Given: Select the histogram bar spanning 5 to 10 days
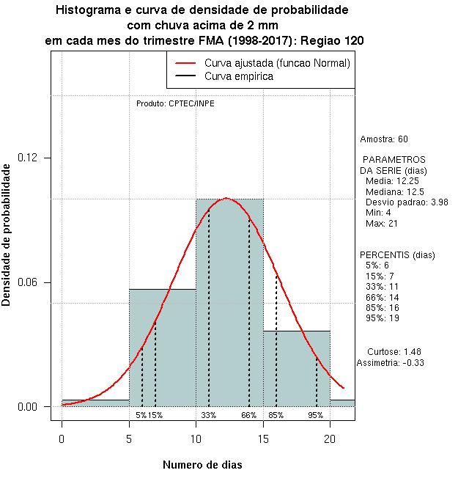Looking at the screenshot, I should point(163,352).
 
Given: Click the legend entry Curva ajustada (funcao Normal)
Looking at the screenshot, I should point(277,64).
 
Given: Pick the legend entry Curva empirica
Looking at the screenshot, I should point(239,76).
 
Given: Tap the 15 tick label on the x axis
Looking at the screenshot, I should point(263,439).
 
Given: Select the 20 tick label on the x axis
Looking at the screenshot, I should point(330,439).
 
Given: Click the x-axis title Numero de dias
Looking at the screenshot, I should point(202,465).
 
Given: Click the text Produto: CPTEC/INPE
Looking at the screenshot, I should point(175,103).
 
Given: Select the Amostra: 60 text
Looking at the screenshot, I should point(384,139).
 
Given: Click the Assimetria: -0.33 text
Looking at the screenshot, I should point(391,362).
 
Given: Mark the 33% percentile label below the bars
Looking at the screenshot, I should point(209,415).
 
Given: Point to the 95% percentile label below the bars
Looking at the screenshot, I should point(316,415).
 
